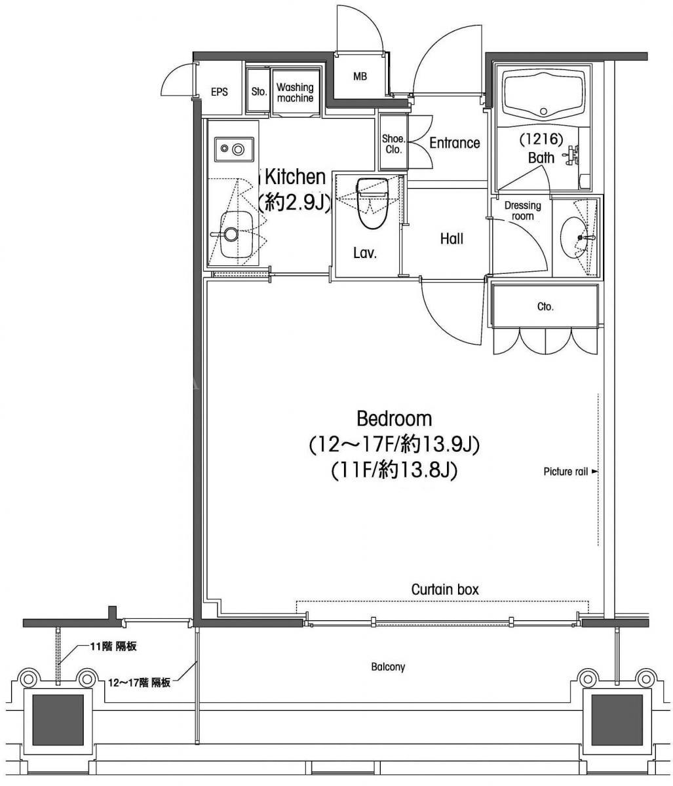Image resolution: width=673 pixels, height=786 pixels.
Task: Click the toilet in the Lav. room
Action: [x=372, y=203]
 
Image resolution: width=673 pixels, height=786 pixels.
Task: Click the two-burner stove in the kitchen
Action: [x=233, y=149]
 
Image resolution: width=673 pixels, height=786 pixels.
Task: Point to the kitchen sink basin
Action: [x=236, y=234]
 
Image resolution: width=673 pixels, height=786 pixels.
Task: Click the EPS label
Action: [x=219, y=92]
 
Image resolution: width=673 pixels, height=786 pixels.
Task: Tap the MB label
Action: [x=360, y=77]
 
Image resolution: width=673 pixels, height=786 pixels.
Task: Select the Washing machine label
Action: [x=295, y=92]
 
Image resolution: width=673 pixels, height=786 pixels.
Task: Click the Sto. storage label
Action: [x=259, y=92]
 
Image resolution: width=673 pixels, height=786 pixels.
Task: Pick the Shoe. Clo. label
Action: [x=393, y=144]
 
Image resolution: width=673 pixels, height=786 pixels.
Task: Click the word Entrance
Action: [x=454, y=143]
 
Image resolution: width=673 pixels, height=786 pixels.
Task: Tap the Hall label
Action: [x=452, y=239]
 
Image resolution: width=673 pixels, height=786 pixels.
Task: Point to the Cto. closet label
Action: [x=545, y=307]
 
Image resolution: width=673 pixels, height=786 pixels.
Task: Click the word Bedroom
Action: [x=394, y=419]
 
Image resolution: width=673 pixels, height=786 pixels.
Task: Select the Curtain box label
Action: [x=445, y=589]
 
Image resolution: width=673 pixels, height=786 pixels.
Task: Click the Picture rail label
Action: [x=566, y=472]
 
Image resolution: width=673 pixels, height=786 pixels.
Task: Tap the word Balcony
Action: [x=388, y=667]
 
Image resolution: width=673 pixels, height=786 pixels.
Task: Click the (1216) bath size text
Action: [x=541, y=140]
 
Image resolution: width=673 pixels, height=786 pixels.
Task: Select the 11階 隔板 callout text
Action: [x=113, y=646]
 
